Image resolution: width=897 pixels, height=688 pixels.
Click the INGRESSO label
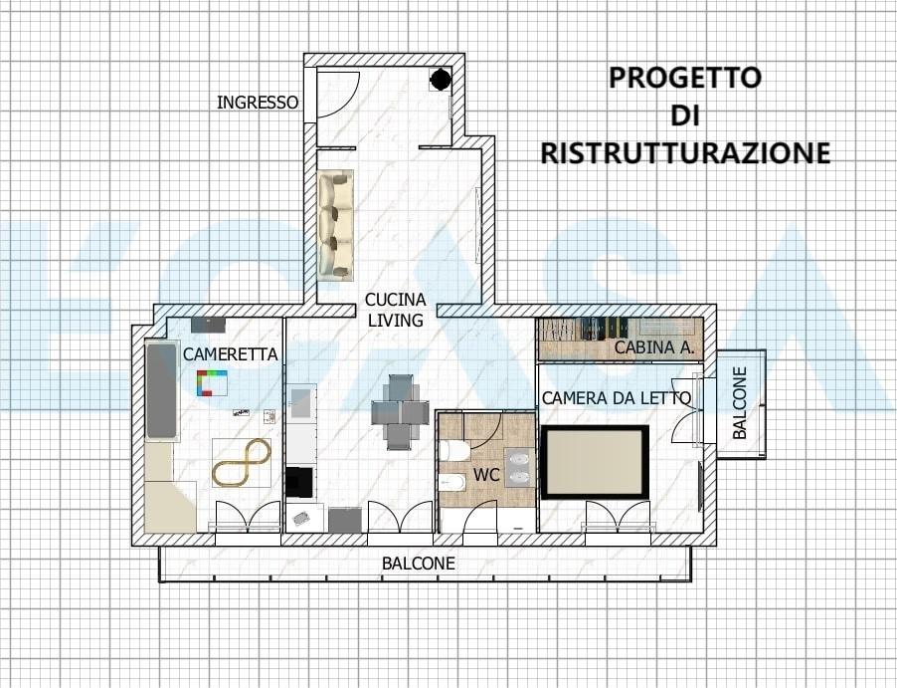[258, 102]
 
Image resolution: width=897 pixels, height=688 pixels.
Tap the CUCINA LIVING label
[395, 310]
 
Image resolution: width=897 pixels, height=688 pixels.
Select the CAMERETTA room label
[230, 353]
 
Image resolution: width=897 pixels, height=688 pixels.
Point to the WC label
[485, 475]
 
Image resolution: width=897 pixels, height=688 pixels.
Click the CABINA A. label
[653, 347]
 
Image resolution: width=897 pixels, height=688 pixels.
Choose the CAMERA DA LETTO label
[616, 398]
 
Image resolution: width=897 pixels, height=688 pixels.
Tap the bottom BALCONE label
[418, 564]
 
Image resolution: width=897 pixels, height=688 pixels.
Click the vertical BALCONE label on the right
[740, 403]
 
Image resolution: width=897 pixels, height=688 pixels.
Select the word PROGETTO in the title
[684, 78]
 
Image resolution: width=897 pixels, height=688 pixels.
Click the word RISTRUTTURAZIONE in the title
[684, 152]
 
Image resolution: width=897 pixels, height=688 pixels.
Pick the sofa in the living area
[336, 224]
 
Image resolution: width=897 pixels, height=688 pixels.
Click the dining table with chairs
[400, 411]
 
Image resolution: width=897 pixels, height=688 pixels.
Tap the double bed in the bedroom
[595, 462]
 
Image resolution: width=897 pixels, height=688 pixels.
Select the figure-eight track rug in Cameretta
[242, 462]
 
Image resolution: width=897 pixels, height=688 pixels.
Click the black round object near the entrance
[440, 79]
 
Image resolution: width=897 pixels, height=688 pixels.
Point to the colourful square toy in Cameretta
[211, 383]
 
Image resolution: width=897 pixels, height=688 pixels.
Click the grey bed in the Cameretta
[162, 390]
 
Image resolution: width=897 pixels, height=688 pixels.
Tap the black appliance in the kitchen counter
[299, 482]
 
